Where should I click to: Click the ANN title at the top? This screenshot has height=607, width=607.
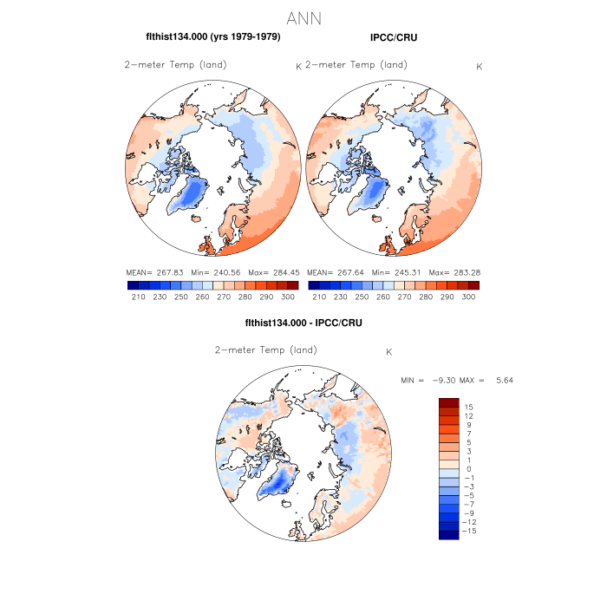303,18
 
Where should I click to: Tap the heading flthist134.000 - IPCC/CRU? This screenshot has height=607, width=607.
303,323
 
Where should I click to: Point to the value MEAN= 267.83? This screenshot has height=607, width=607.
153,272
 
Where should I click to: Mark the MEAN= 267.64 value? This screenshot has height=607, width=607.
335,272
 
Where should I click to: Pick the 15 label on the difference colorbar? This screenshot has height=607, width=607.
467,407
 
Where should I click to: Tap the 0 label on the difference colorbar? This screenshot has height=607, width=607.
467,468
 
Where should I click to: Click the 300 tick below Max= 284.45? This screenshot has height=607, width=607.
289,297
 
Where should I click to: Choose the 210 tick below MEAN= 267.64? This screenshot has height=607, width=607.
320,297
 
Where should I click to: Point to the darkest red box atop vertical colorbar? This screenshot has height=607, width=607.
448,402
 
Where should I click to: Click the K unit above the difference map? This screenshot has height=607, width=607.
389,353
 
